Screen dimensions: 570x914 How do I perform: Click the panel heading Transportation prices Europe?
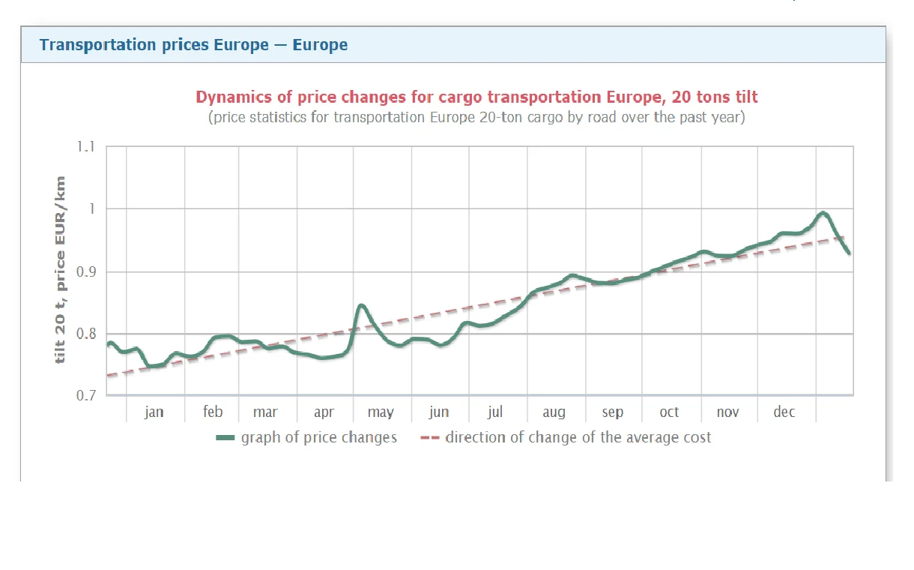193,45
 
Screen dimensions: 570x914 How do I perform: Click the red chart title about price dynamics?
476,97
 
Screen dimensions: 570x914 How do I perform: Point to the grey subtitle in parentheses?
476,118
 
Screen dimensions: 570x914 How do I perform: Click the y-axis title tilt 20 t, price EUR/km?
61,271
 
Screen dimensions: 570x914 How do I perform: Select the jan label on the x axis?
154,412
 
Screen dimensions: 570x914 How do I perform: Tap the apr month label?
324,412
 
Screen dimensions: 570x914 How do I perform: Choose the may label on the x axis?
381,412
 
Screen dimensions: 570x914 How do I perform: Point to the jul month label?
495,412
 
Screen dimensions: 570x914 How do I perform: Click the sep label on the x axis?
612,412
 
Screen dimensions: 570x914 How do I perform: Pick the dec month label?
784,412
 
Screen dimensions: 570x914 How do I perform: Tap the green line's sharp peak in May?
361,305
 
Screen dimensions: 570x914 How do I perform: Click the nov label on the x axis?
727,412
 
